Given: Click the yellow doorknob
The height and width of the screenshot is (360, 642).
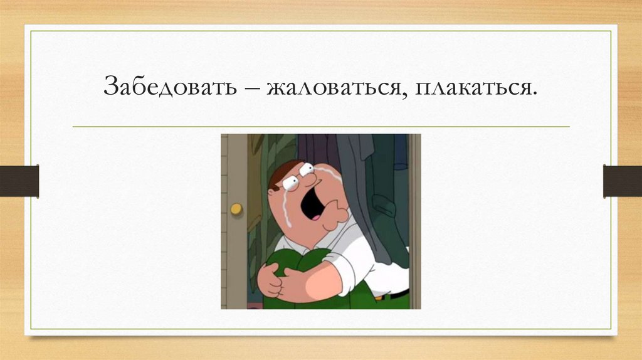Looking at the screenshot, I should (236, 208).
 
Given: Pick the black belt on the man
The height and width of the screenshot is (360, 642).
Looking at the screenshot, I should (392, 295).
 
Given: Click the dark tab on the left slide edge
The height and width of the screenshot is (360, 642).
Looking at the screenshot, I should (19, 181).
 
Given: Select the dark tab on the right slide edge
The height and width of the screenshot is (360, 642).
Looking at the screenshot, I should (623, 181).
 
